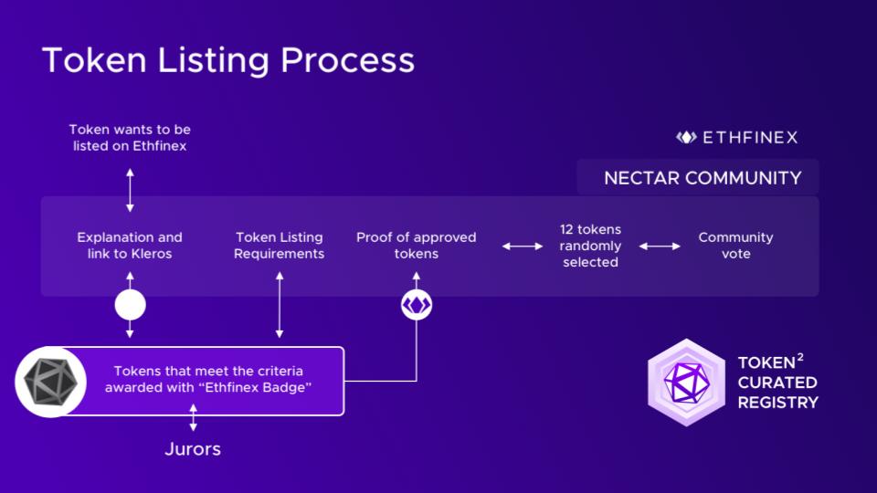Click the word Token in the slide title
click(94, 60)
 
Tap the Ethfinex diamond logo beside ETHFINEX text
click(686, 137)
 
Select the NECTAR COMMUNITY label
click(703, 178)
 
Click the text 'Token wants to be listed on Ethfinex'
click(130, 138)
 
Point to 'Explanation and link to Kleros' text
click(130, 246)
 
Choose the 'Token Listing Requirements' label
click(280, 246)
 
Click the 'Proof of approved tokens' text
click(417, 246)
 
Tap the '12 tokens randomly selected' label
click(591, 246)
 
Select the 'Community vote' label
click(735, 246)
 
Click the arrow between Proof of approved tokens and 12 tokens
click(523, 246)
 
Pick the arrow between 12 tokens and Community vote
click(660, 246)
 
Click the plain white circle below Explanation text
click(131, 305)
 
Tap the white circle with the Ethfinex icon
click(417, 305)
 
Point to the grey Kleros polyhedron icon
click(50, 382)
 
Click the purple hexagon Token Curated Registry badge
click(686, 383)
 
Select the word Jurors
click(193, 449)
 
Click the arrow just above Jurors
click(193, 417)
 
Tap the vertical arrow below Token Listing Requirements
click(280, 305)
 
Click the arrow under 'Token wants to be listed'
click(130, 190)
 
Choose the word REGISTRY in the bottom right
click(778, 403)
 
